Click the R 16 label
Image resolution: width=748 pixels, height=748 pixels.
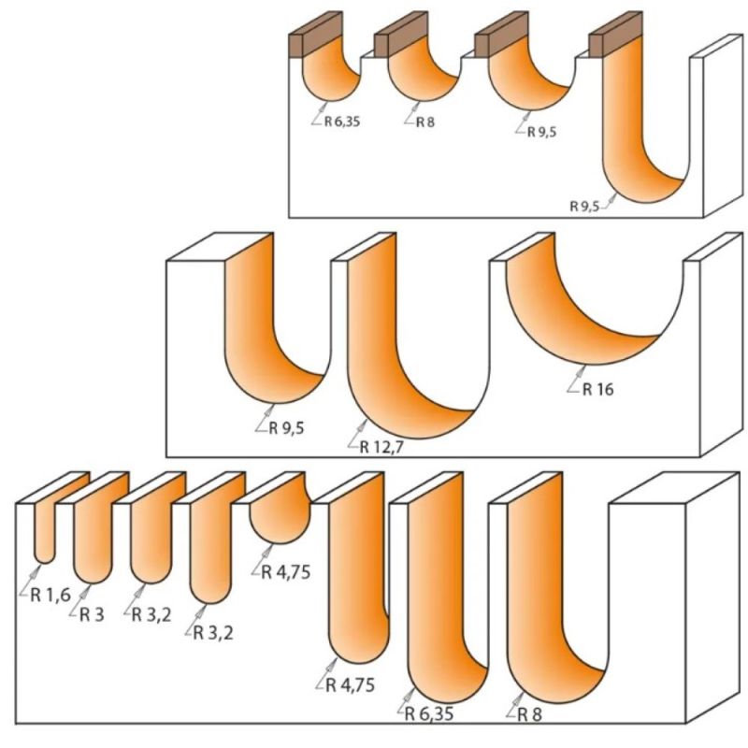(x=598, y=390)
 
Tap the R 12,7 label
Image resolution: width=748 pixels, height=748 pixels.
(x=381, y=448)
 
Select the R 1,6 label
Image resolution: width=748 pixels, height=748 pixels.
(x=50, y=595)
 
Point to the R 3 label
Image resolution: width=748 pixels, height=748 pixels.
(x=92, y=615)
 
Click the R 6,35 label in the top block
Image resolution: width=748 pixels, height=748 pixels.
(x=342, y=122)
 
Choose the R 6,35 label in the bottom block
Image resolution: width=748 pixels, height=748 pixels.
(x=429, y=714)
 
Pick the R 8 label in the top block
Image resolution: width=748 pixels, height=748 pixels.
(x=425, y=122)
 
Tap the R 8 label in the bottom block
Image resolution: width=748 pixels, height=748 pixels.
(x=529, y=714)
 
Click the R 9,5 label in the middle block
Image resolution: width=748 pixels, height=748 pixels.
(x=286, y=428)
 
